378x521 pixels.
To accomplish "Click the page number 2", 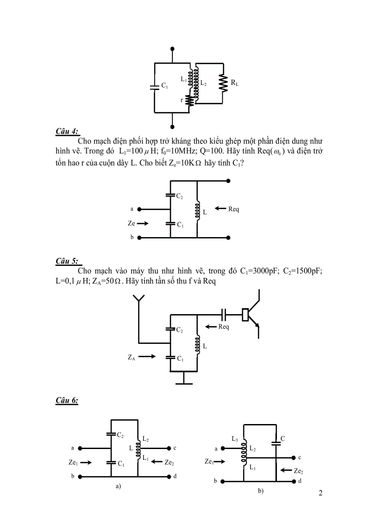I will (320, 493).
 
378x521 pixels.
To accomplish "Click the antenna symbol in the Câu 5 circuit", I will (139, 302).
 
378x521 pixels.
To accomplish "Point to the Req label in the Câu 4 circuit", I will (233, 209).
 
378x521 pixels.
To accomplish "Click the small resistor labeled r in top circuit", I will (189, 101).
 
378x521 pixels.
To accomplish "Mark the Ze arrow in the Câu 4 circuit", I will (144, 224).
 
